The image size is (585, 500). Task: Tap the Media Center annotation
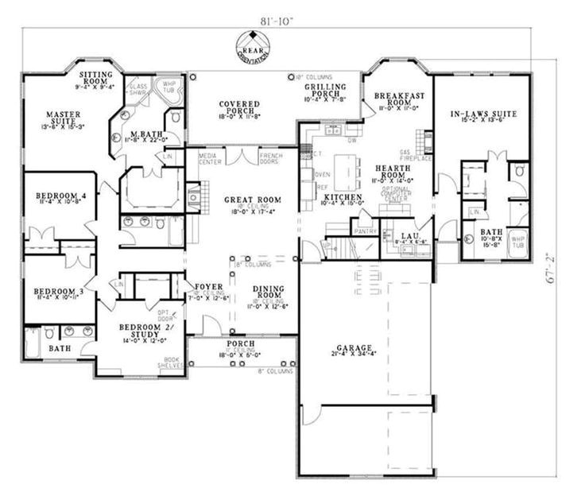pos(210,157)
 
